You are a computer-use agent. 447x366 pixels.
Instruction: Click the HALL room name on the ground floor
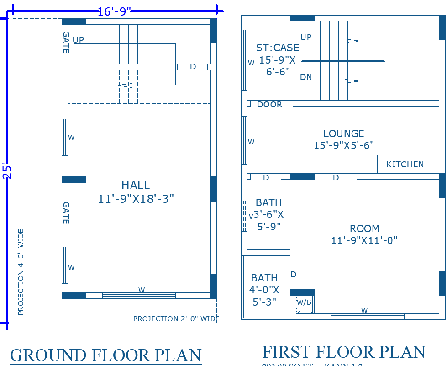click(136, 185)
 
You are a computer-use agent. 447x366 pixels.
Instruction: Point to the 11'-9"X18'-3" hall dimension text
click(136, 199)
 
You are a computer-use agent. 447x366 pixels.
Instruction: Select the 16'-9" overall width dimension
click(111, 11)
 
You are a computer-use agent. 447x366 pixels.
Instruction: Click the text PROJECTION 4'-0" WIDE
click(21, 272)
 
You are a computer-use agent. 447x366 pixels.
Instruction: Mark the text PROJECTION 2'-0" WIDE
click(176, 318)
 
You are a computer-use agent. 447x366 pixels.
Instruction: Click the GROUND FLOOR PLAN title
click(105, 355)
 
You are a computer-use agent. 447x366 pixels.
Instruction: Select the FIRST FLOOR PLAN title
click(344, 352)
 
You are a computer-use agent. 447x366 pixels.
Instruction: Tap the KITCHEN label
click(405, 164)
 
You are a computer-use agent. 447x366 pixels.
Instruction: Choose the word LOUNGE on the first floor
click(344, 133)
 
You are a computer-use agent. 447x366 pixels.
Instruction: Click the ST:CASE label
click(278, 48)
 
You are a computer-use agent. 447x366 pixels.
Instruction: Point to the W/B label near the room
click(304, 302)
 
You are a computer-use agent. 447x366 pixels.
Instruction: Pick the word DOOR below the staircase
click(269, 105)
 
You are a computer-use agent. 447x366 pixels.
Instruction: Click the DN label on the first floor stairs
click(306, 77)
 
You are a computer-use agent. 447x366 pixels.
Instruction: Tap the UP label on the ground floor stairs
click(78, 40)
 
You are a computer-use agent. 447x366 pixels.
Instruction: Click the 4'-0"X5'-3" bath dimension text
click(264, 296)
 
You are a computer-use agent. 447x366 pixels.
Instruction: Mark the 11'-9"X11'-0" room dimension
click(364, 240)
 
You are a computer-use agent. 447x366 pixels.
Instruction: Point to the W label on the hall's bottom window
click(142, 290)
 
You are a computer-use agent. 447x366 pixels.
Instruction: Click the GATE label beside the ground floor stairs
click(66, 42)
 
